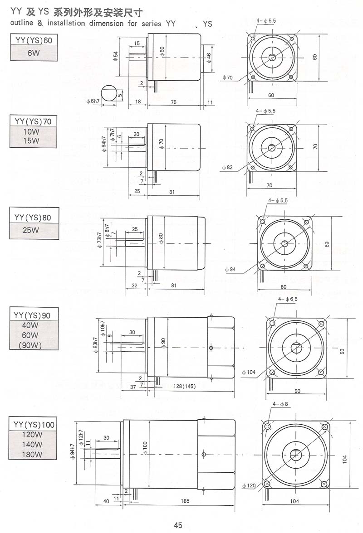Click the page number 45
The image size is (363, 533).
pyautogui.click(x=178, y=525)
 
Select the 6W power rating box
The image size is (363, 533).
pyautogui.click(x=34, y=53)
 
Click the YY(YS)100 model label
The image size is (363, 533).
pyautogui.click(x=34, y=425)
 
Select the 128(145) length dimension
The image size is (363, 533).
pyautogui.click(x=184, y=386)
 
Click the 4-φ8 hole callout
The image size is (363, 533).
pyautogui.click(x=280, y=403)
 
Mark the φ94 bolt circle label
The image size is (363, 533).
pyautogui.click(x=230, y=270)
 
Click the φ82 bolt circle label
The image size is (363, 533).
pyautogui.click(x=227, y=168)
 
